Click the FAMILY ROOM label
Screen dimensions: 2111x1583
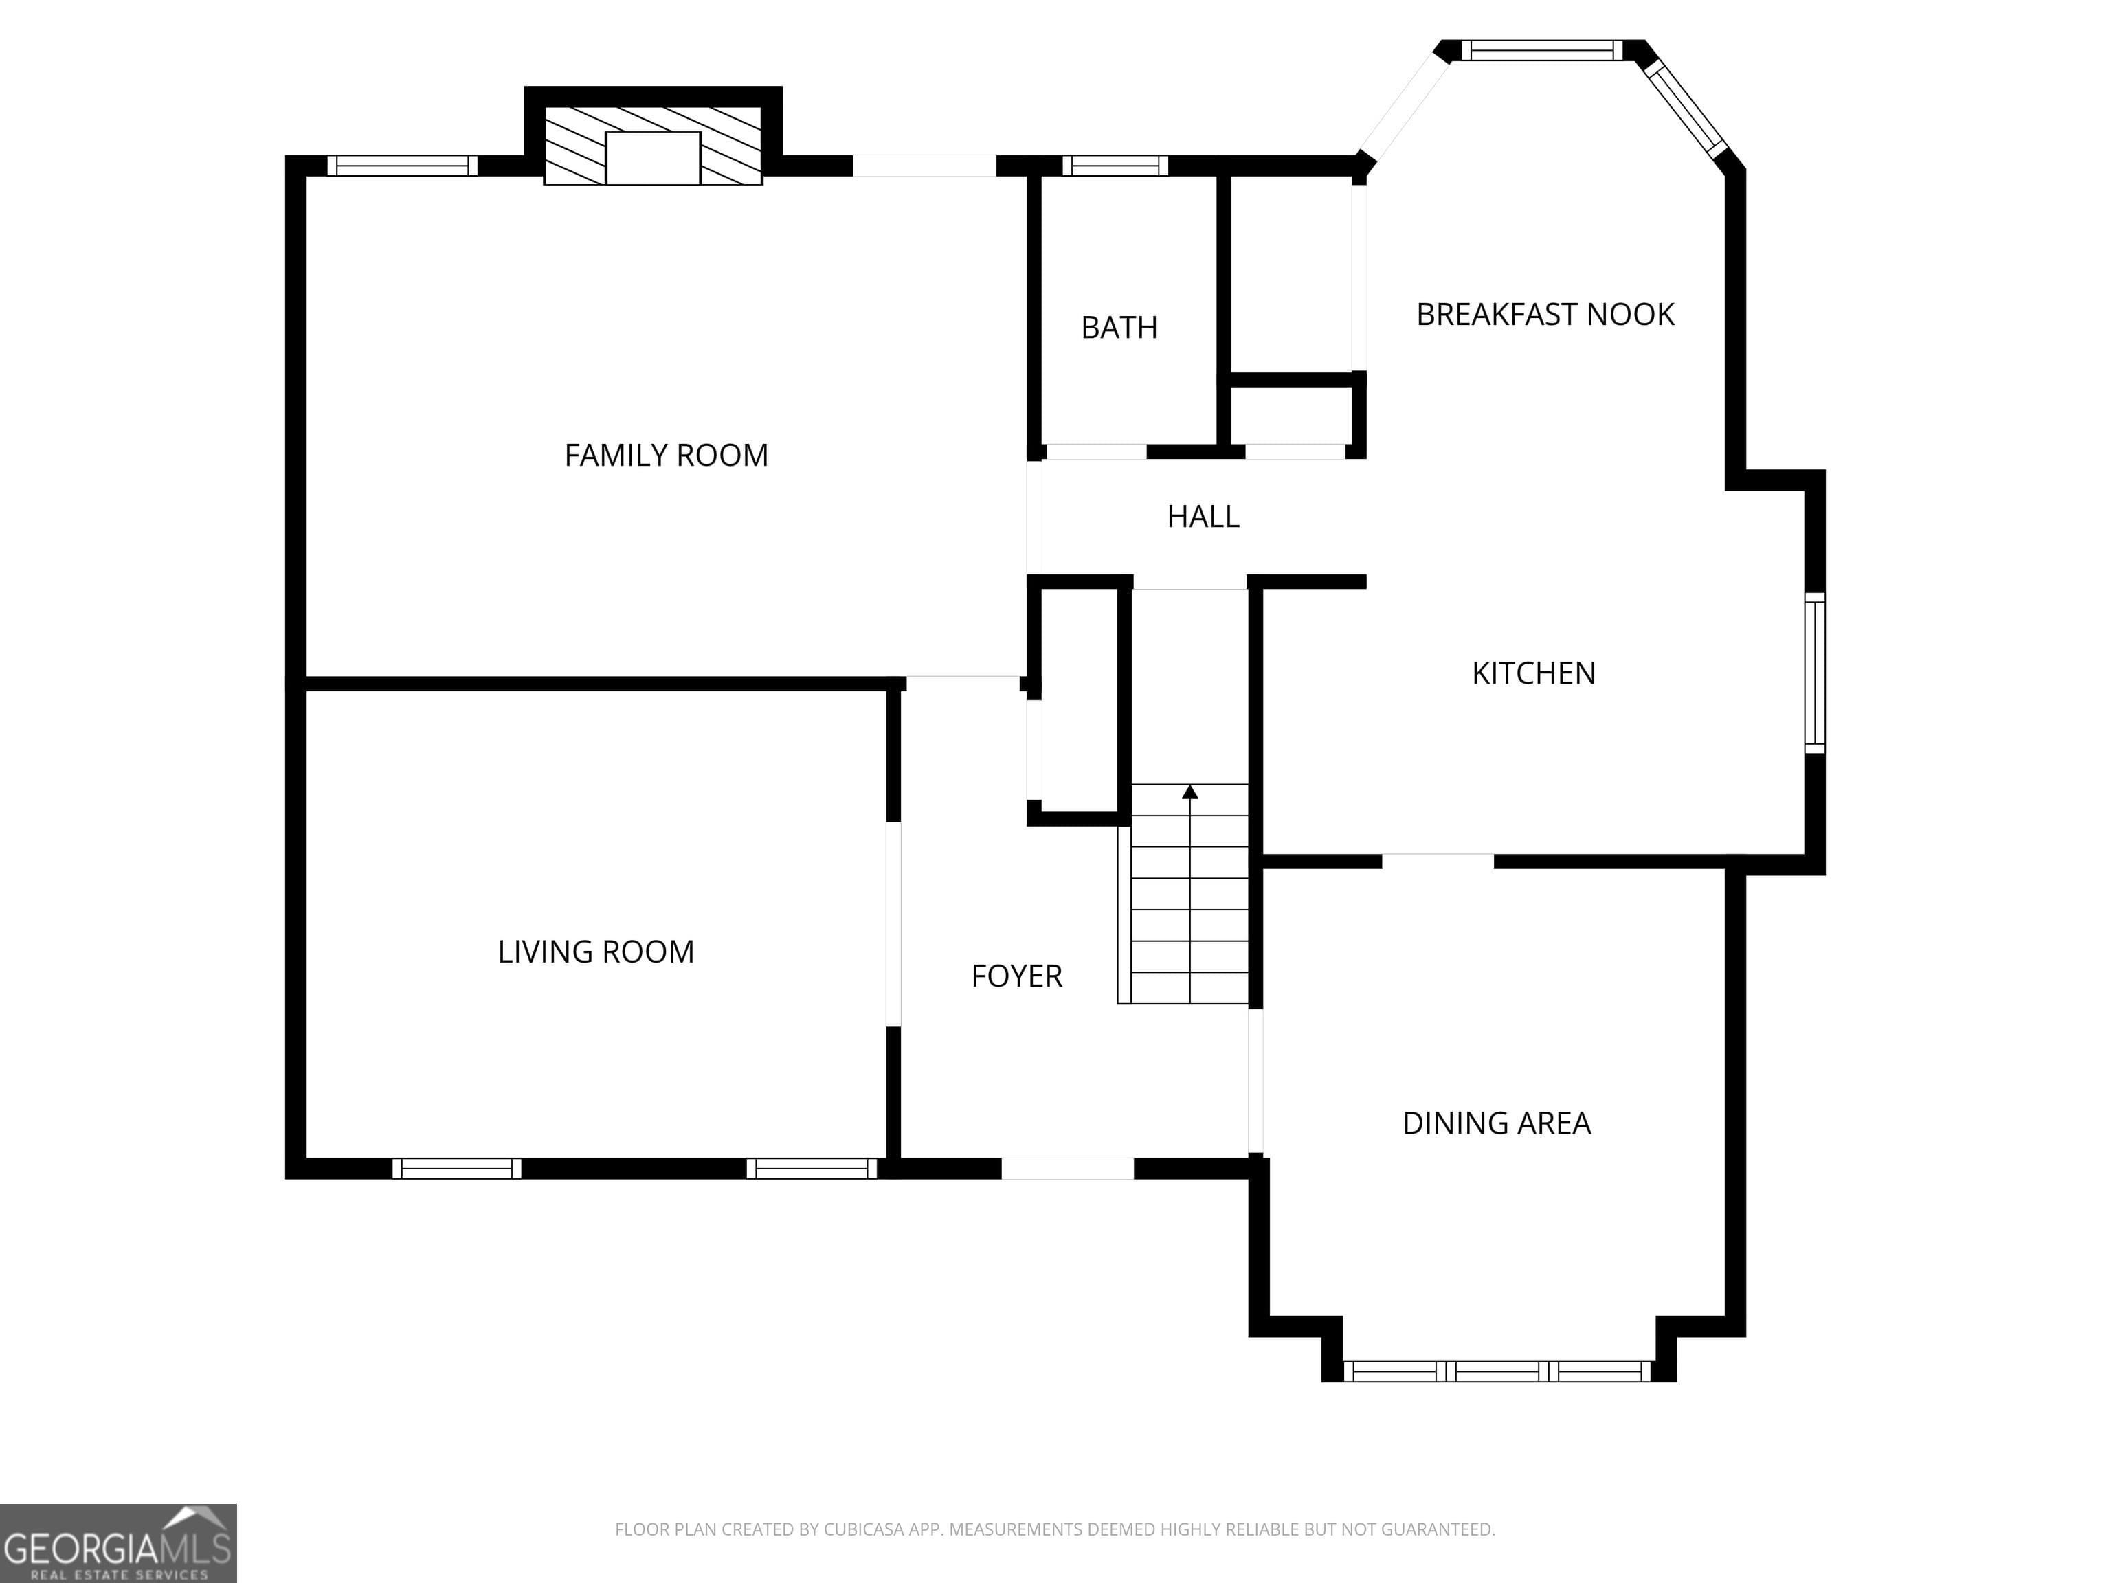click(666, 455)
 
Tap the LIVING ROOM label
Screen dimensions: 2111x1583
click(596, 952)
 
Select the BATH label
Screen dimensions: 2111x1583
click(1119, 327)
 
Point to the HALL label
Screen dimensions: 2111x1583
click(1203, 516)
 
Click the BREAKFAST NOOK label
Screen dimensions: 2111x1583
click(1545, 314)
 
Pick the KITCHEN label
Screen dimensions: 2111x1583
click(1534, 673)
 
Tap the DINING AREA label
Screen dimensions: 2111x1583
click(1497, 1123)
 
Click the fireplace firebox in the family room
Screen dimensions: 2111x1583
click(654, 157)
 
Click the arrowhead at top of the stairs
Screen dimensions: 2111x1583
click(1190, 791)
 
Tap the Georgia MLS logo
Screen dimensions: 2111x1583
click(118, 1543)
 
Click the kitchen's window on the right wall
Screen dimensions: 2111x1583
click(1815, 673)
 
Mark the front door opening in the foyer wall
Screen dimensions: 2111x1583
click(1067, 1168)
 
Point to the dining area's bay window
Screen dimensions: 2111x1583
click(1497, 1371)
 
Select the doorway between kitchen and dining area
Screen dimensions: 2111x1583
click(1438, 861)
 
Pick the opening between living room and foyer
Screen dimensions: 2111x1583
click(893, 923)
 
